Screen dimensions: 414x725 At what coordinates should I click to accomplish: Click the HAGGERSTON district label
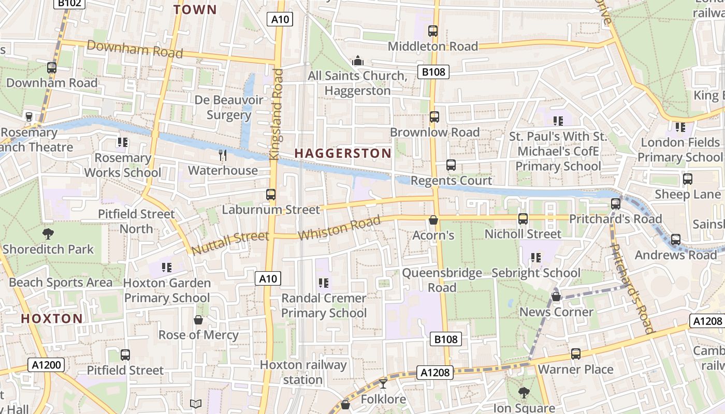[x=343, y=153]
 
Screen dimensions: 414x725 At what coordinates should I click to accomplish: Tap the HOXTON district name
[x=52, y=318]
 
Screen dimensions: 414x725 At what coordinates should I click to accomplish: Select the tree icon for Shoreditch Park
[x=48, y=234]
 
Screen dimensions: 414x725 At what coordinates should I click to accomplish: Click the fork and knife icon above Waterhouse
[x=223, y=155]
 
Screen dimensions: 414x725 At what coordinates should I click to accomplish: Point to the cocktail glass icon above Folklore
[x=383, y=383]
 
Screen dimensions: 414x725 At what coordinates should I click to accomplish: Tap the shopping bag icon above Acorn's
[x=433, y=220]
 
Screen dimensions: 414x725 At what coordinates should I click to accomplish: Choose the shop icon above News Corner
[x=556, y=297]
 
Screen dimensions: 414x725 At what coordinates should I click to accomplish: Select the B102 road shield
[x=68, y=4]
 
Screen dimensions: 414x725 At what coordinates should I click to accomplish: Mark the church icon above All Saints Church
[x=357, y=61]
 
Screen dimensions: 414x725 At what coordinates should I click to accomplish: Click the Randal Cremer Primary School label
[x=324, y=305]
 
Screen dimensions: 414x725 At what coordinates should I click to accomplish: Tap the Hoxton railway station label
[x=303, y=372]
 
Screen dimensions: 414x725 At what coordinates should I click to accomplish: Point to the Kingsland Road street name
[x=277, y=114]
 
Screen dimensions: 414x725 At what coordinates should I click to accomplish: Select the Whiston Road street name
[x=339, y=228]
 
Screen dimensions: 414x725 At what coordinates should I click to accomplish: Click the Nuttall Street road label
[x=230, y=243]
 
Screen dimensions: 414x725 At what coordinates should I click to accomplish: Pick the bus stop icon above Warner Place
[x=576, y=354]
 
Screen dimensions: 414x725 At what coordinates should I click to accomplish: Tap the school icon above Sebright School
[x=536, y=257]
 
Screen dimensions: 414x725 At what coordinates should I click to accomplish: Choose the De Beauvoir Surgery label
[x=228, y=107]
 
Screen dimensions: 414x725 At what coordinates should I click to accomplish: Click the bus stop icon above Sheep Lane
[x=687, y=179]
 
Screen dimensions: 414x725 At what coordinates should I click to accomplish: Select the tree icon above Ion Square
[x=524, y=393]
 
